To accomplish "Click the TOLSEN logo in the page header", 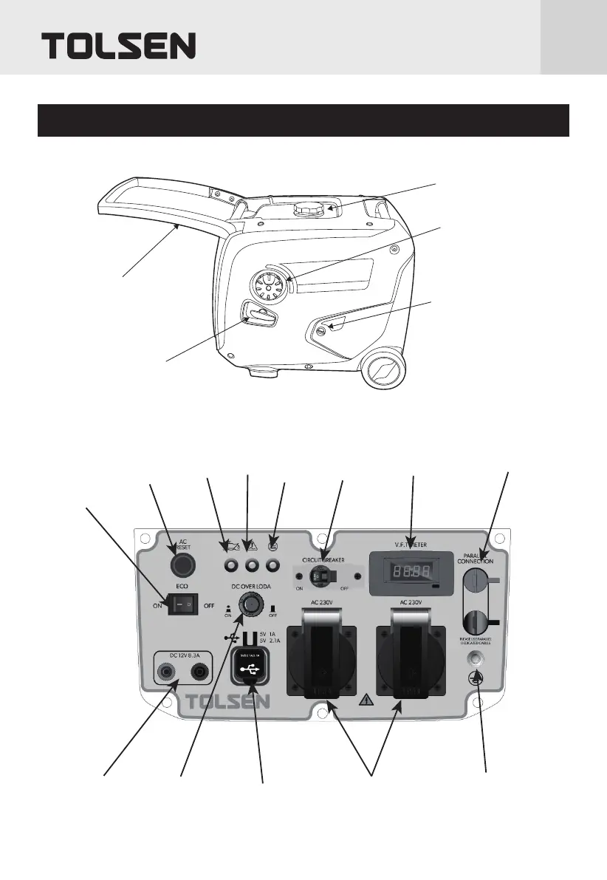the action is click(x=119, y=46).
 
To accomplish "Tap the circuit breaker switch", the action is click(x=321, y=576).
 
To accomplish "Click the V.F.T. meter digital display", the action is click(x=405, y=571).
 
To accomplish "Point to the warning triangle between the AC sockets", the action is click(x=367, y=701).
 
